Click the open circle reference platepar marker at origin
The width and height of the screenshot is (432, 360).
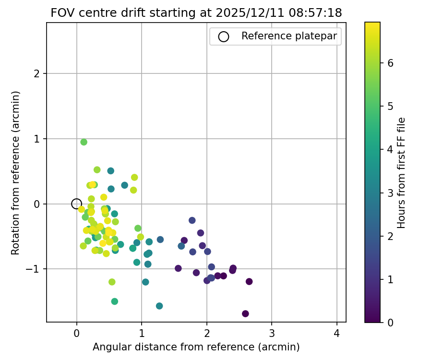76,204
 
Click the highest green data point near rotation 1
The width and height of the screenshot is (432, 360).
84,142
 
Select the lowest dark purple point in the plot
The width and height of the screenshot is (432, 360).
245,313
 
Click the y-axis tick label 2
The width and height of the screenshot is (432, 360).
37,74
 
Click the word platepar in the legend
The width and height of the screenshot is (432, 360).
319,36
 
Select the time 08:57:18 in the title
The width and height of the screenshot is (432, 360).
316,13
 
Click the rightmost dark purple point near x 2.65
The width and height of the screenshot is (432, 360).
249,282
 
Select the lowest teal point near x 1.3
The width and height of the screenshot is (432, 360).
159,306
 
